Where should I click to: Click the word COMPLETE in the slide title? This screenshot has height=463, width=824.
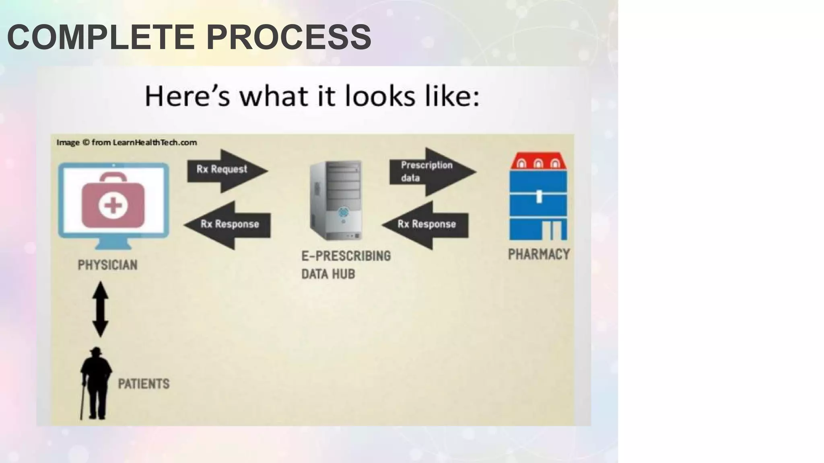click(101, 37)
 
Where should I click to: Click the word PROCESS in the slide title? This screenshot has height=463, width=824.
click(288, 37)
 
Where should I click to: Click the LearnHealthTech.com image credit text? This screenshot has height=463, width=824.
click(126, 142)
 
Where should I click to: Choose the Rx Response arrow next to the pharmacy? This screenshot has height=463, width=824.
click(426, 224)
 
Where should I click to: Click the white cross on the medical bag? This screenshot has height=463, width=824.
click(113, 206)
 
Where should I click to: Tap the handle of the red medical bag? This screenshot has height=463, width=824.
click(113, 178)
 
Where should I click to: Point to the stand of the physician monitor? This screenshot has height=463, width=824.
click(113, 245)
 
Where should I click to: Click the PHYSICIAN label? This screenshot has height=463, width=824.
click(107, 265)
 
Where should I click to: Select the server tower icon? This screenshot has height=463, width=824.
click(336, 200)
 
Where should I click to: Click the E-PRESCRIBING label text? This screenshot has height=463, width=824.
click(346, 256)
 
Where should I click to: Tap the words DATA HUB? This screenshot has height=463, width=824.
click(328, 274)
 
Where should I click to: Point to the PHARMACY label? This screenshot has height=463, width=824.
click(539, 254)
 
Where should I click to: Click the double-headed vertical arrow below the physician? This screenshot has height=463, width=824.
click(100, 309)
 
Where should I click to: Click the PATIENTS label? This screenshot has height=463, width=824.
click(144, 384)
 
